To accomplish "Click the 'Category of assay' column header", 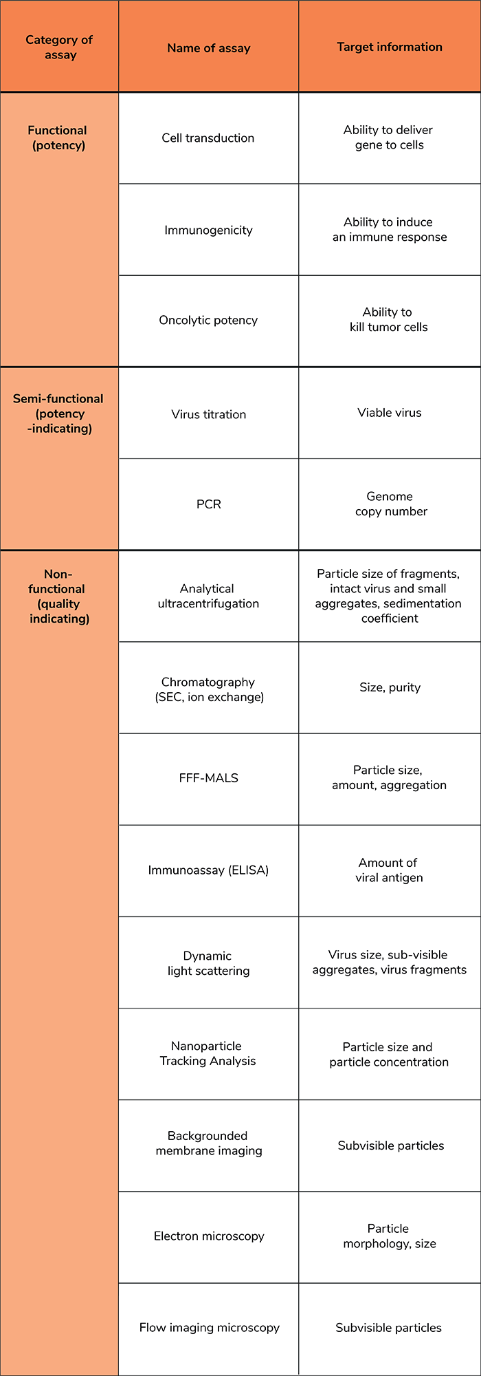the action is tap(59, 47).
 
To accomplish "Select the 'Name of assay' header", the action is tap(209, 48).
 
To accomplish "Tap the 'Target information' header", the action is tap(390, 47).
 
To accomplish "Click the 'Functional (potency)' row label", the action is tap(58, 138).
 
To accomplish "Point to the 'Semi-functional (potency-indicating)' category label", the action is tap(58, 413).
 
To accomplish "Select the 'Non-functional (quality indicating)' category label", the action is tap(58, 596).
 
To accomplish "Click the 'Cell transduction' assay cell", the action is tap(208, 138).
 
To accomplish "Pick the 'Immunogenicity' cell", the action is tap(208, 230).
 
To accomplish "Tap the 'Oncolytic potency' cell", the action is tap(208, 320).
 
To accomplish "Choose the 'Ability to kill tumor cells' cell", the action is tap(389, 319).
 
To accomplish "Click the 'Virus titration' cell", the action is tap(209, 414).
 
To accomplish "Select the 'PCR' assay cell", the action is tap(209, 504).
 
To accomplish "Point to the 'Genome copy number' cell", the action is tap(390, 504).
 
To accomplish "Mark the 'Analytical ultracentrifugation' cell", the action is tap(208, 596).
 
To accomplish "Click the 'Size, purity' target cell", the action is tap(390, 687).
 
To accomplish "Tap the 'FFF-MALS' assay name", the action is tap(209, 778).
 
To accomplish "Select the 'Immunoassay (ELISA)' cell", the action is tap(208, 870).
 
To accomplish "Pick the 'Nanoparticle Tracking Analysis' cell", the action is tap(208, 1053).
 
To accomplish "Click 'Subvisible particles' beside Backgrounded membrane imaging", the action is tap(391, 1146).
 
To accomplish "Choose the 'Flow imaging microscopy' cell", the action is tap(210, 1328).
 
